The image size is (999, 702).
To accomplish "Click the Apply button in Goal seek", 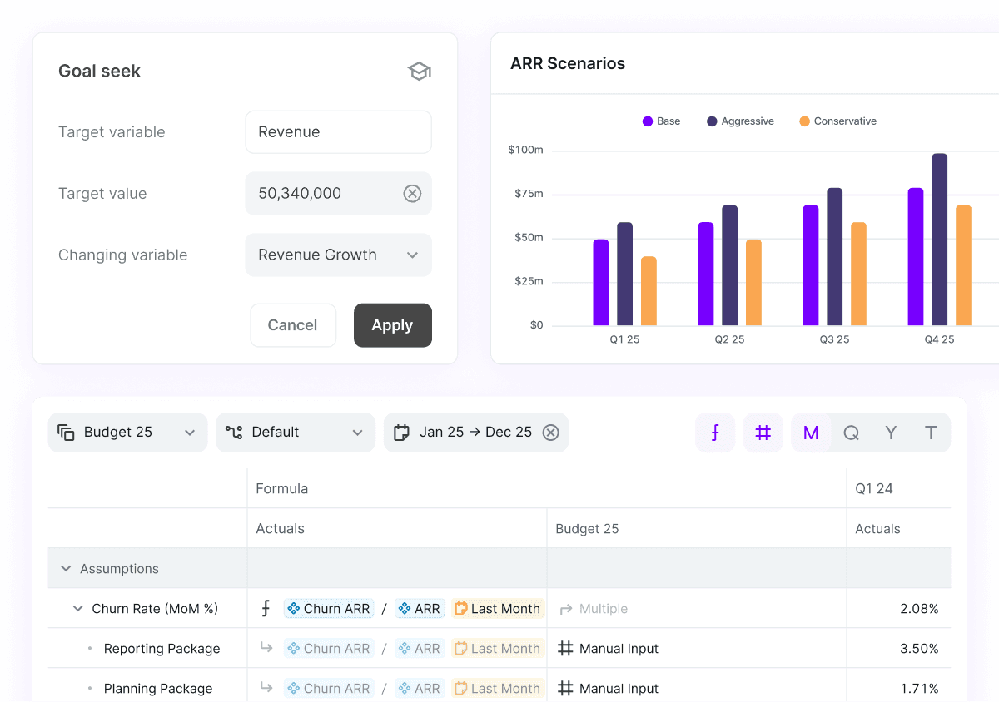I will (392, 325).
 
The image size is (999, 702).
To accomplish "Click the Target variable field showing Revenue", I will (338, 132).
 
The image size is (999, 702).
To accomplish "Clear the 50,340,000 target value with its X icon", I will (412, 194).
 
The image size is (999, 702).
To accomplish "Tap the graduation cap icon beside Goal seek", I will (420, 72).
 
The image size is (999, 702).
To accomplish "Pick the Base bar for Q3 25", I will (811, 265).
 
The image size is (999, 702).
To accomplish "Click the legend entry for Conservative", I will (837, 121).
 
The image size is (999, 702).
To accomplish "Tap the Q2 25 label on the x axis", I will (729, 339).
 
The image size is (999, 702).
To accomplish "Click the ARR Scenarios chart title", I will (568, 64).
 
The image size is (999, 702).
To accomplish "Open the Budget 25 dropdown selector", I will (127, 433).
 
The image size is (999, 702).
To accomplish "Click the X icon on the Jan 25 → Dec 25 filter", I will (550, 433).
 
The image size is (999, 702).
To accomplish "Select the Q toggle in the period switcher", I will (851, 433).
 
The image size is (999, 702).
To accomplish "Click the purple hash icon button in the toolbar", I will (763, 433).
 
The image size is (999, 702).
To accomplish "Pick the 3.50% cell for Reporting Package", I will (919, 649).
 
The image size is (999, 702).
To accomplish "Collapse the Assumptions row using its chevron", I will (66, 569).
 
